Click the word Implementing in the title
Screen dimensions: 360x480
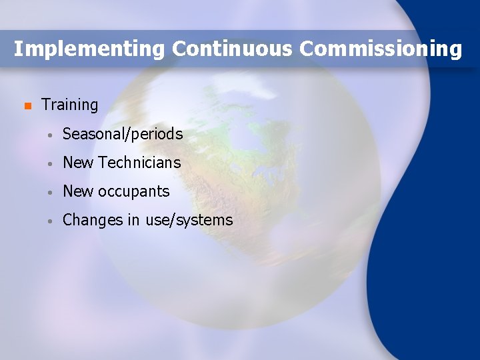(89, 49)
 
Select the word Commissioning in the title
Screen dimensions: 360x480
(381, 49)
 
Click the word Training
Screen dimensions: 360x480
(69, 105)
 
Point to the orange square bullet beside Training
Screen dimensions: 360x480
(27, 105)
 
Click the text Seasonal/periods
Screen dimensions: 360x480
(122, 134)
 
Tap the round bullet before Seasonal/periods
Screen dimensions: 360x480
(50, 135)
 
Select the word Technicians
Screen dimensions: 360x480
(139, 163)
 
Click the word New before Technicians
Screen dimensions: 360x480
(78, 163)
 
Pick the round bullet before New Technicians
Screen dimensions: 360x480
(50, 163)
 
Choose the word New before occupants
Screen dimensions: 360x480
(78, 191)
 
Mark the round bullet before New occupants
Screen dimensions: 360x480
(50, 192)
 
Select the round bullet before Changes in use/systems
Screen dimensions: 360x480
(50, 221)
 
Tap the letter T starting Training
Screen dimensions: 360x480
(45, 105)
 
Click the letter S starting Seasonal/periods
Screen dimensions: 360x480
(67, 134)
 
